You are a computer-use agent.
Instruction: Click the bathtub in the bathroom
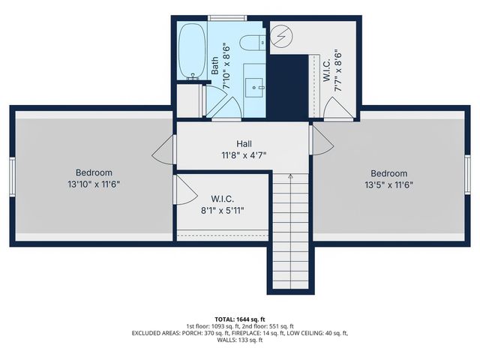192,50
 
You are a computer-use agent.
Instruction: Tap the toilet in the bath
253,41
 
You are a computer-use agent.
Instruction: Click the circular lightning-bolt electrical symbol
283,35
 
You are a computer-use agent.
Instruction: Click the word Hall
244,143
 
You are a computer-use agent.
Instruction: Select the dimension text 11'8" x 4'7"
244,155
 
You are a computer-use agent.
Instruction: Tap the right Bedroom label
388,173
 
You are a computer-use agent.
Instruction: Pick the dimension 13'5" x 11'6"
388,185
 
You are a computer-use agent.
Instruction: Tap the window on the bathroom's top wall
223,17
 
